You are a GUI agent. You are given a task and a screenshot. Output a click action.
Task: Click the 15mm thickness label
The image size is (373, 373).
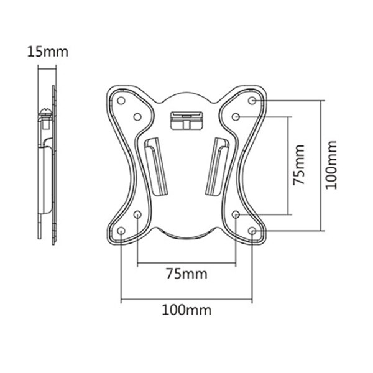47,51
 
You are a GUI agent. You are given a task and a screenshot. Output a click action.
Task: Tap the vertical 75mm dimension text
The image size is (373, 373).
300,165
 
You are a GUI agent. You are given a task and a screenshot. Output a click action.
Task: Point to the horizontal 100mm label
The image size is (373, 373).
187,309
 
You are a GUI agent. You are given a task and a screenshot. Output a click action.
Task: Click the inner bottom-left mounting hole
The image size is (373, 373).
137,214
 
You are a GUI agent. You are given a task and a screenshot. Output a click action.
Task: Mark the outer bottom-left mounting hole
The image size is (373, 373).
122,231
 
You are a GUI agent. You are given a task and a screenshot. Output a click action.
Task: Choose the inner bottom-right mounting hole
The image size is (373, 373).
236,214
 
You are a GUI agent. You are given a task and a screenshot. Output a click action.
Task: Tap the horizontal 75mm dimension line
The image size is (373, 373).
187,262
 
